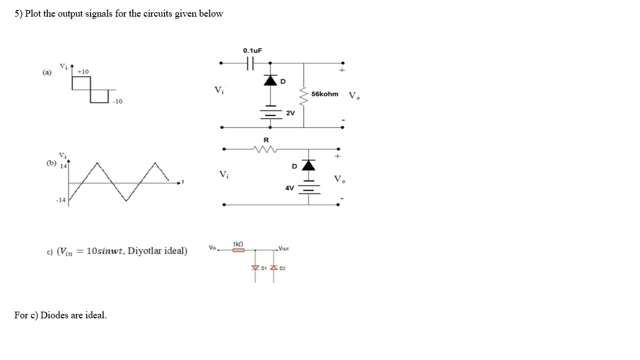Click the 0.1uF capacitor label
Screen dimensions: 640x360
252,51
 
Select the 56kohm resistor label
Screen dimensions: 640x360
325,94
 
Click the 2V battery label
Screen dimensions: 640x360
290,113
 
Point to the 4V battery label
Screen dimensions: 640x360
289,188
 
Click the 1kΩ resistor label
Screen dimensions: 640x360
238,243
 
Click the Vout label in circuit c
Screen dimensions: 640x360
283,248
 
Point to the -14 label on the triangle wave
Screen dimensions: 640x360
61,200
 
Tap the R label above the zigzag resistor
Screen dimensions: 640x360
266,139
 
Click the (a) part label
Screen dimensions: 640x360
47,72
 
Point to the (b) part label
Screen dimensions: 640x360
52,163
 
